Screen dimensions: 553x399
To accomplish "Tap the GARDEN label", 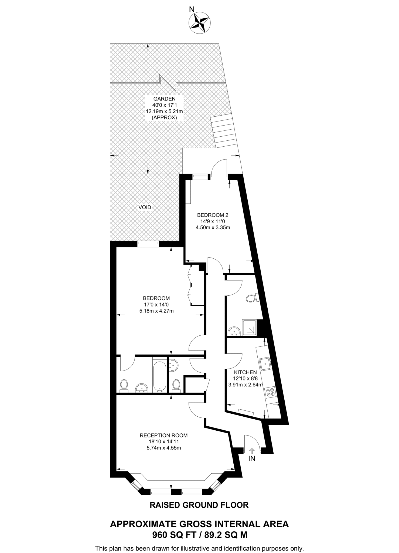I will tap(164, 99).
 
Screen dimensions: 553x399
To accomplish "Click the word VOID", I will tap(145, 207).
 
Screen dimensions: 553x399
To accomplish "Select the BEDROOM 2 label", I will tap(213, 215).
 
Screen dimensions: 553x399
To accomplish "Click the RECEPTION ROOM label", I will tap(163, 435).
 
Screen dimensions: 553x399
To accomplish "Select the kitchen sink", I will tap(265, 364).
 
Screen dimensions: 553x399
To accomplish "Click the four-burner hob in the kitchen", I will tap(271, 392).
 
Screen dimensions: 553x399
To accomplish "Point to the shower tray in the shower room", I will tap(250, 328).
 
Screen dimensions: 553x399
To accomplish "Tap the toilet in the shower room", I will tap(251, 298).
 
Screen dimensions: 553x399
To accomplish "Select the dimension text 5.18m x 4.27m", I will tap(156, 311).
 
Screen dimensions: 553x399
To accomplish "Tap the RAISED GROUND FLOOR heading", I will tap(199, 505).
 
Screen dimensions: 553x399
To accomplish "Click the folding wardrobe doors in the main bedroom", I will tap(190, 285).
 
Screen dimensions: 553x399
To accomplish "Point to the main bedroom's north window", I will tap(148, 244).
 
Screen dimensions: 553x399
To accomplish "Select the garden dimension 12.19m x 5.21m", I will tap(164, 111).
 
